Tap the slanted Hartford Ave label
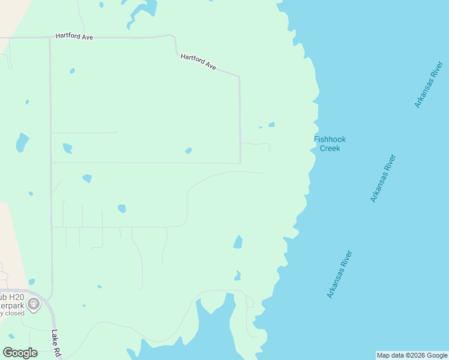pos(198,62)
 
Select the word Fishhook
pos(330,139)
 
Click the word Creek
pos(330,148)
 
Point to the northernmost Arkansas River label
pos(428,85)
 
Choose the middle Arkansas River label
pos(383,179)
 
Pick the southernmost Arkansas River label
pos(339,275)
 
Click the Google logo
pos(20,353)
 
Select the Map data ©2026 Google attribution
pos(411,355)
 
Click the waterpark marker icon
pos(35,304)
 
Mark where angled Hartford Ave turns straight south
pos(239,77)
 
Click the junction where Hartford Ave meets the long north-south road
pos(50,37)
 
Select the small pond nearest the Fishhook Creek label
pos(271,125)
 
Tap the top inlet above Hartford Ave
pos(143,9)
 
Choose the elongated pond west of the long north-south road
pos(22,142)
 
